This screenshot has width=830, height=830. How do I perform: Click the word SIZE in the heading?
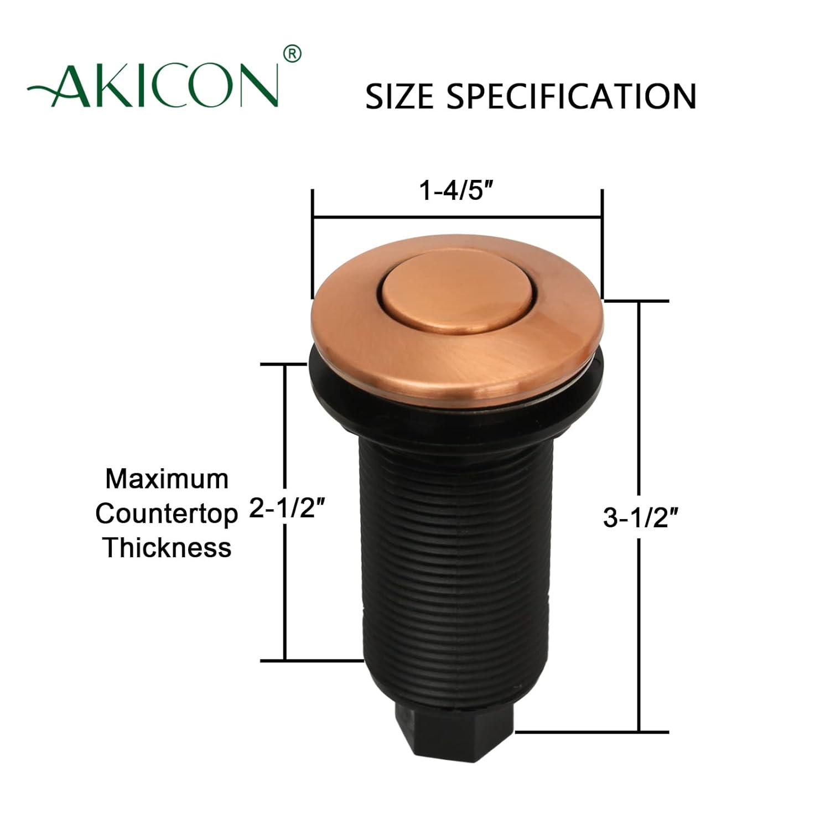399,96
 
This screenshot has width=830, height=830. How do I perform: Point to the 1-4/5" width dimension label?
456,191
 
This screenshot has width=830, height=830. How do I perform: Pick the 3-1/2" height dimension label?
640,518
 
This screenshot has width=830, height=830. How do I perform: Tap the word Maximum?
167,479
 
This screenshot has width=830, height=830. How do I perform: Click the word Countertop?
166,514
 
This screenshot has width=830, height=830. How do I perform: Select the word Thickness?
167,548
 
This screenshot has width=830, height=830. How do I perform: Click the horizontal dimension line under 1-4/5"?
457,218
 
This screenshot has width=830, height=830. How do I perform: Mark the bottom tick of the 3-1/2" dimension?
592,732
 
